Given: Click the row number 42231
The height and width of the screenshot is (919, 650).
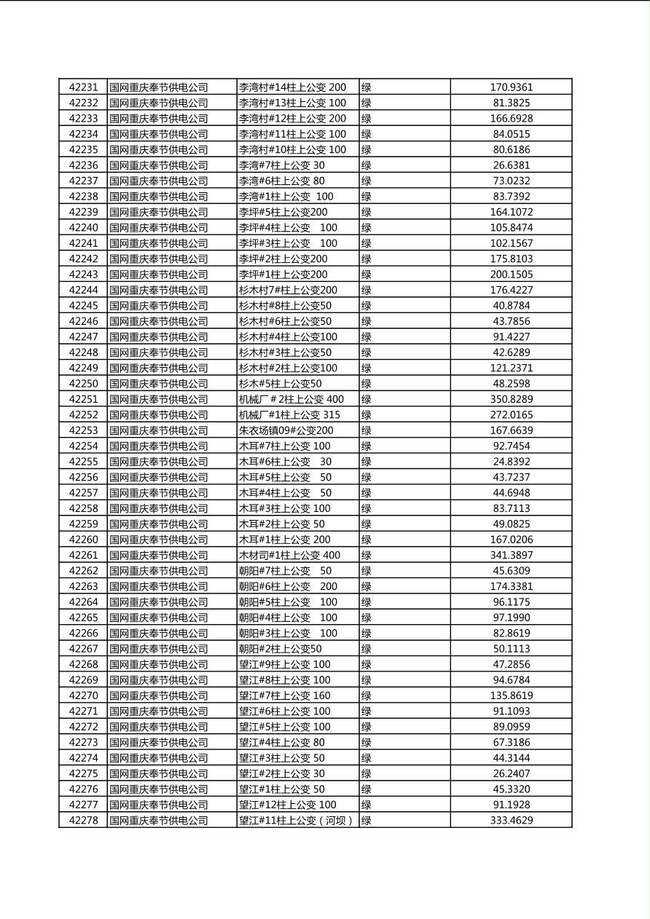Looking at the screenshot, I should pyautogui.click(x=83, y=87).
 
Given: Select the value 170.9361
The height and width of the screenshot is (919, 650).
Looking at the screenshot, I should pyautogui.click(x=511, y=87).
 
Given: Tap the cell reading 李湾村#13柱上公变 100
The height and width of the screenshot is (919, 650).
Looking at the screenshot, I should pyautogui.click(x=293, y=103).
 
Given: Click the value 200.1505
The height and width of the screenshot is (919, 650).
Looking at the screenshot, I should pyautogui.click(x=511, y=275).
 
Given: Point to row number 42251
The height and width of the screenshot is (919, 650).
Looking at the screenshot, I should pyautogui.click(x=83, y=399).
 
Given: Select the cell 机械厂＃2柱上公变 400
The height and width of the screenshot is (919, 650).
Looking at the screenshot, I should pyautogui.click(x=291, y=399).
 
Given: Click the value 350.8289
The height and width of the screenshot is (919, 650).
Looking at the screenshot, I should pyautogui.click(x=511, y=399).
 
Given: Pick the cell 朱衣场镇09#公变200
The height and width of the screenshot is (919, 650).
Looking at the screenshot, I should pyautogui.click(x=286, y=430).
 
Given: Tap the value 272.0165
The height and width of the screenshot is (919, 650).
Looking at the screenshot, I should pyautogui.click(x=511, y=415).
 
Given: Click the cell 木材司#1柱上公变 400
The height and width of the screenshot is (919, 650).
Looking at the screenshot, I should pyautogui.click(x=289, y=555).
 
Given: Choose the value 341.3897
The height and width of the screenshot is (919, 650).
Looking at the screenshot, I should pyautogui.click(x=511, y=555).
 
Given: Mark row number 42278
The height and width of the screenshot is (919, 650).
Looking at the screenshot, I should pyautogui.click(x=83, y=821).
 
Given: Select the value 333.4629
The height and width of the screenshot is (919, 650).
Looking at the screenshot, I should pyautogui.click(x=511, y=821).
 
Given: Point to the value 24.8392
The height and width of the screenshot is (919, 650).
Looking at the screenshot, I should pyautogui.click(x=511, y=462).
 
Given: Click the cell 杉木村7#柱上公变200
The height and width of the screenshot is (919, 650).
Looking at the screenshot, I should pyautogui.click(x=289, y=290).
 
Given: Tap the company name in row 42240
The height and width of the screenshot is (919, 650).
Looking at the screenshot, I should pyautogui.click(x=159, y=228).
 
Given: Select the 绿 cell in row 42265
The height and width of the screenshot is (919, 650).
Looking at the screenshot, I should pyautogui.click(x=367, y=618).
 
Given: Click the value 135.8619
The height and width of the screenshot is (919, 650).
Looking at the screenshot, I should pyautogui.click(x=511, y=695).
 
